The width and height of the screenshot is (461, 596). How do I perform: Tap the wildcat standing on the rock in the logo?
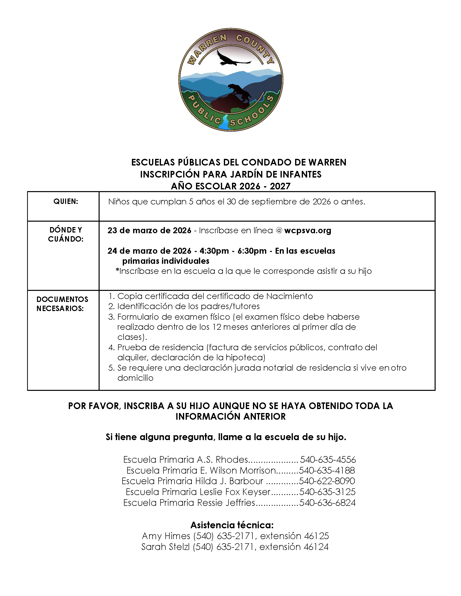coord(240,91)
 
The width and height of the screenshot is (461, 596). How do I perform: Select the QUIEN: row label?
coord(66,201)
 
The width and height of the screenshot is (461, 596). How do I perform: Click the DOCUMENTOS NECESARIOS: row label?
coord(62,304)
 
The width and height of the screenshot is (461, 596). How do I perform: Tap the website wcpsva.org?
coord(307,230)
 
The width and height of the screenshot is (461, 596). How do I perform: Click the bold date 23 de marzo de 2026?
coord(149,230)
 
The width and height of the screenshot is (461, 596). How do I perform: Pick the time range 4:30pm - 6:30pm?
coord(233,251)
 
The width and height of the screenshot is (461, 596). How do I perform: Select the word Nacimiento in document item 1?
coord(289,296)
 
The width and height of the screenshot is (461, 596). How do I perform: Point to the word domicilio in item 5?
coord(135,378)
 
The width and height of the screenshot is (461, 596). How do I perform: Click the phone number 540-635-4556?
coord(328,460)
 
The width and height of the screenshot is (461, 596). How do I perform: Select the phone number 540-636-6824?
coord(327,503)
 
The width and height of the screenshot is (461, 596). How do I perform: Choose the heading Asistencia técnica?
coord(232,525)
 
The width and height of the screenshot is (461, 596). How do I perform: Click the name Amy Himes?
coord(166,536)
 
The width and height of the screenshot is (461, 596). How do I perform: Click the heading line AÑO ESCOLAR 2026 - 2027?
coord(230,186)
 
